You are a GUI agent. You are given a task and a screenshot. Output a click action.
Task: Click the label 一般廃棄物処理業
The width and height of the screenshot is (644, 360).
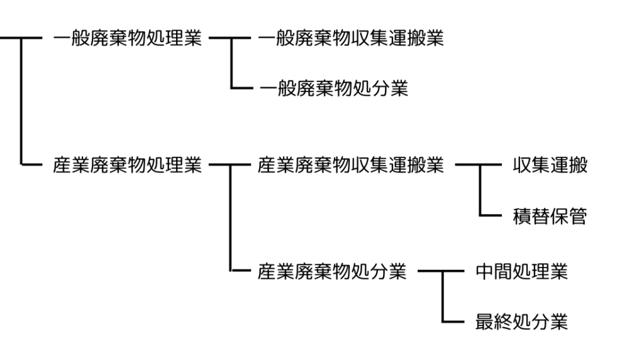(127, 38)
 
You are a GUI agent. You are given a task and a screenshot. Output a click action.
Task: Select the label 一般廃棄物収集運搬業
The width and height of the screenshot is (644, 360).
(351, 38)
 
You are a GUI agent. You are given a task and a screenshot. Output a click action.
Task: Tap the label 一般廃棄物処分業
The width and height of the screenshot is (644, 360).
(334, 88)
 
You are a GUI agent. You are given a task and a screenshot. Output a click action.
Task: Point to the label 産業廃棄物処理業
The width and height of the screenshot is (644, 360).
(127, 165)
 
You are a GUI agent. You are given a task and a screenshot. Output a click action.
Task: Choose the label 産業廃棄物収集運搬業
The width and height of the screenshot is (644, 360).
(351, 165)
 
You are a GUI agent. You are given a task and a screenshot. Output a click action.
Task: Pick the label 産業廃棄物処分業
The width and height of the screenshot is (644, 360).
(332, 272)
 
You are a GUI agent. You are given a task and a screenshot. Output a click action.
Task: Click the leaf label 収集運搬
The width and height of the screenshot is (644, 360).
(550, 165)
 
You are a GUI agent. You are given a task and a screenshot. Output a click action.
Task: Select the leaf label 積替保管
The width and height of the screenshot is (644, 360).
(550, 216)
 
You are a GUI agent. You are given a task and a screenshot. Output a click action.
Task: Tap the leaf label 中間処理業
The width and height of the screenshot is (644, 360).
(521, 272)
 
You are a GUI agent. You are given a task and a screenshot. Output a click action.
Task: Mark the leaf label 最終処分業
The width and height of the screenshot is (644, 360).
(521, 322)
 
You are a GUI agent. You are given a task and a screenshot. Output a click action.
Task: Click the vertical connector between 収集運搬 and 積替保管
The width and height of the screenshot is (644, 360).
(480, 190)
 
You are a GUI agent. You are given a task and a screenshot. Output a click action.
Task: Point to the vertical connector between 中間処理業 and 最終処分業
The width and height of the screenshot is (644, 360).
(443, 296)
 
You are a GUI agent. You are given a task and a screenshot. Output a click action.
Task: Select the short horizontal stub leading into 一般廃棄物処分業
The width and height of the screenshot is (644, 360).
(242, 88)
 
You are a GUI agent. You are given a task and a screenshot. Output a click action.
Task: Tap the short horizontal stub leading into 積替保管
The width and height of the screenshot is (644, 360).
(491, 215)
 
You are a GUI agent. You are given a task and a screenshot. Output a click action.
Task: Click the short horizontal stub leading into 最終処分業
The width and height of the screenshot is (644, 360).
(453, 322)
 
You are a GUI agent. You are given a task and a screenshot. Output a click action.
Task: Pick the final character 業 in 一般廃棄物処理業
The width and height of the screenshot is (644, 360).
(192, 38)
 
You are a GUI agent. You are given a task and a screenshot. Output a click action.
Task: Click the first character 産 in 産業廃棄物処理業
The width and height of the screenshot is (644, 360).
(62, 165)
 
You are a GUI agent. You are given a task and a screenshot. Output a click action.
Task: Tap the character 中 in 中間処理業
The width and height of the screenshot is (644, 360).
(485, 272)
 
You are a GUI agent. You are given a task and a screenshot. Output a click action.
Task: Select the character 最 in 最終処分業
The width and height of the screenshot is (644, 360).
(485, 322)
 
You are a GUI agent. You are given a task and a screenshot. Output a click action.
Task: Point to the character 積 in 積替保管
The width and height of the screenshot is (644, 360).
(522, 216)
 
